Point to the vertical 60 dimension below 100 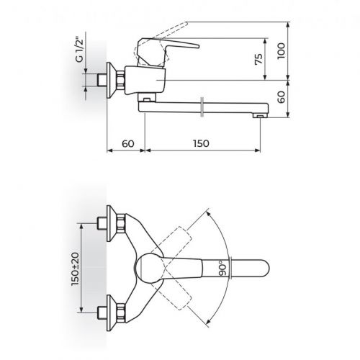[x=282, y=96]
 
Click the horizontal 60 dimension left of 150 [x=127, y=143]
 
